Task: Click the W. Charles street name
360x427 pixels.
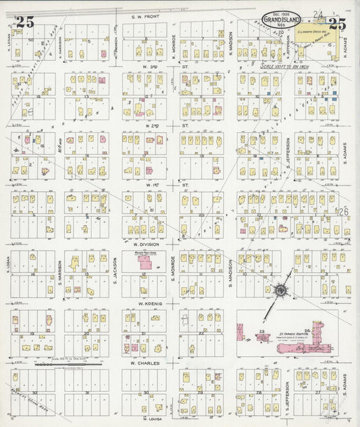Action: pyautogui.click(x=144, y=362)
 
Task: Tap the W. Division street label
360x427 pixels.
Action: pyautogui.click(x=145, y=245)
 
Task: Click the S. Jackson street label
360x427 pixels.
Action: pyautogui.click(x=115, y=270)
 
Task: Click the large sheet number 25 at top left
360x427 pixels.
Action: pyautogui.click(x=26, y=22)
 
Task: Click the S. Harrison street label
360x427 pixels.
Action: pyautogui.click(x=59, y=270)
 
